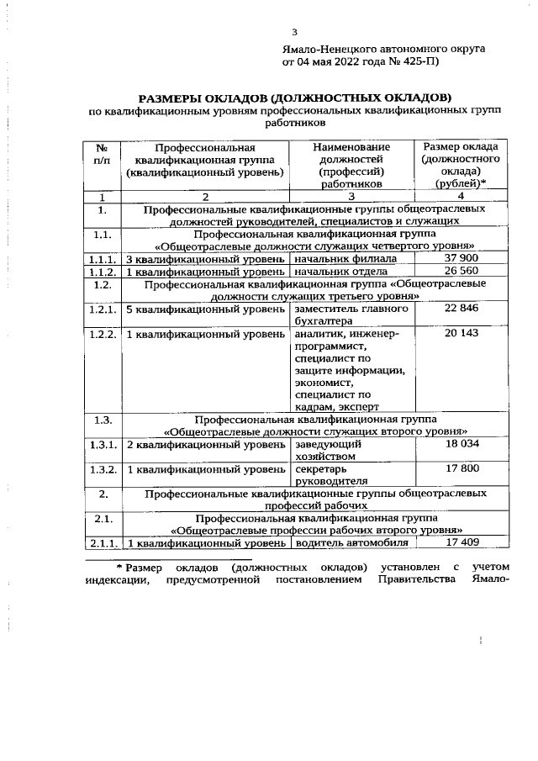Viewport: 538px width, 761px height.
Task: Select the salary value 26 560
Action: tap(460, 272)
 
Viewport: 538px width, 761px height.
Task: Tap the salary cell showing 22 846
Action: tap(460, 308)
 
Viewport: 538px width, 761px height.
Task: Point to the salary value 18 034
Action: tap(460, 442)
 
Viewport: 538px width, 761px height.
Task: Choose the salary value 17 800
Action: tap(460, 468)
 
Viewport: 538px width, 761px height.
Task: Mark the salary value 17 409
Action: tap(460, 542)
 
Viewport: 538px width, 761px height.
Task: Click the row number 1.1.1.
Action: tap(102, 259)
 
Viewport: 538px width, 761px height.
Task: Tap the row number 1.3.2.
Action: tap(102, 468)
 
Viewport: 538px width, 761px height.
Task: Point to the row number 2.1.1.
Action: tap(102, 542)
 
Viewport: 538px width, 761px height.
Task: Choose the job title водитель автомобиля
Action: tap(345, 542)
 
